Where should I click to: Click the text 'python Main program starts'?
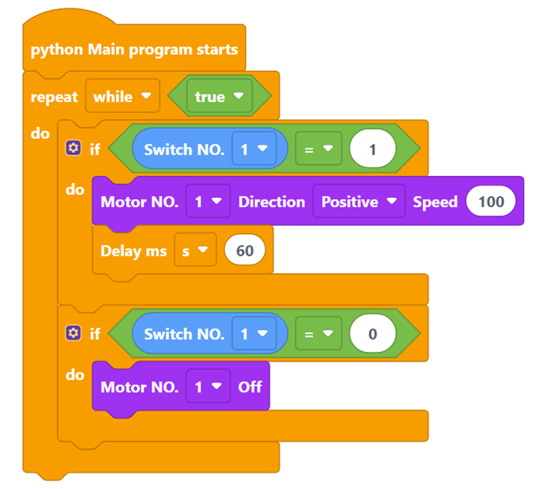(x=134, y=49)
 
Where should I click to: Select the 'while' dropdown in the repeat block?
(x=122, y=96)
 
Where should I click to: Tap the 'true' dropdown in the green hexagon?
(x=218, y=96)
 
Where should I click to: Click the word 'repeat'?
(x=54, y=97)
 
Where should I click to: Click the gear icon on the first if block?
(x=73, y=148)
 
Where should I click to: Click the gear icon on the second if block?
(x=73, y=332)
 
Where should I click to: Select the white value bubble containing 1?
(x=372, y=150)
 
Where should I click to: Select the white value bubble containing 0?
(x=372, y=334)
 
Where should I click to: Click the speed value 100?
(x=491, y=202)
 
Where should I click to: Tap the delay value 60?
(x=245, y=251)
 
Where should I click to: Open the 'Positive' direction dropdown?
(x=358, y=202)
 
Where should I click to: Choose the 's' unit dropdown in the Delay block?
(x=195, y=251)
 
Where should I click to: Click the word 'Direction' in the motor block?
(x=271, y=202)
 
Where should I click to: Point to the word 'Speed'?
(x=435, y=202)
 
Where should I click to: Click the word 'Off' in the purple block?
(x=250, y=387)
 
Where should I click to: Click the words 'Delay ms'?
(x=133, y=251)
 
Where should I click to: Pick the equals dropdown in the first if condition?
(x=318, y=150)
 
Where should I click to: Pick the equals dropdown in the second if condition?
(x=318, y=334)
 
